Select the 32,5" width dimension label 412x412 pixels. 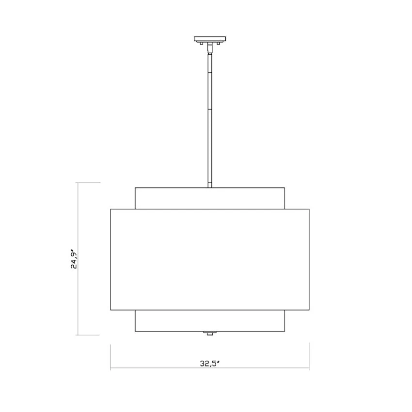click(x=210, y=364)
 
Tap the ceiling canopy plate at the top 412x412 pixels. click(x=210, y=39)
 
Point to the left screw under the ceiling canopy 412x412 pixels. click(x=202, y=43)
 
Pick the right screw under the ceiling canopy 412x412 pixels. click(x=218, y=43)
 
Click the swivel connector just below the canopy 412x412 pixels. click(x=210, y=48)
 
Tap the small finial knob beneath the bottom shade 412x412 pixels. click(x=210, y=333)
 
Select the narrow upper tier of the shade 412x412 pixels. click(x=210, y=198)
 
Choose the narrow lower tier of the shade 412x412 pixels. click(x=210, y=320)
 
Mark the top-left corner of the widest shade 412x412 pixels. click(x=111, y=209)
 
